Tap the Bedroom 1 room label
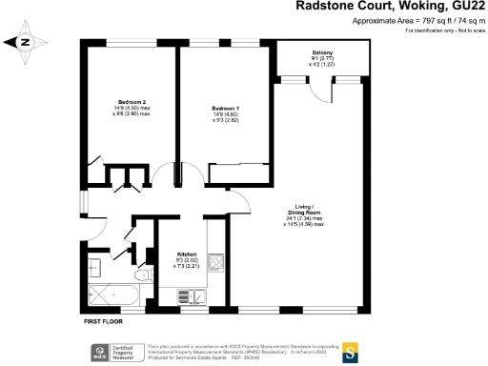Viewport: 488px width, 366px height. [224, 110]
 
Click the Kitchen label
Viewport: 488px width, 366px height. [187, 254]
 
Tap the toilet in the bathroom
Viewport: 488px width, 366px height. [141, 276]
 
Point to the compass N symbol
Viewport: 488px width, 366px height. [25, 42]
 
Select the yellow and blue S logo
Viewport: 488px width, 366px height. [351, 348]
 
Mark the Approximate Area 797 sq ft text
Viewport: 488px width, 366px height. [418, 21]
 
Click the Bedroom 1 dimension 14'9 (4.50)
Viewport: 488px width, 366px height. [224, 115]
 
